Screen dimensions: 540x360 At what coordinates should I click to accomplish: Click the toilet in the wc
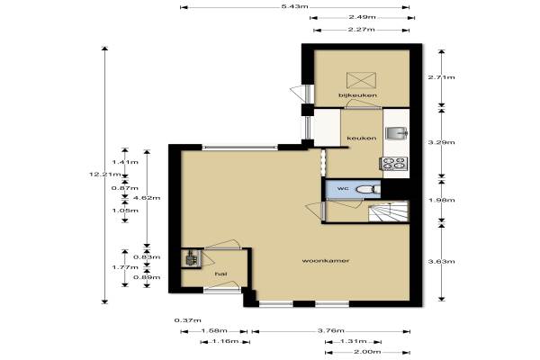point(368,189)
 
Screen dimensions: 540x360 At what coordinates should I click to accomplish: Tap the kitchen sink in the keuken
point(397,133)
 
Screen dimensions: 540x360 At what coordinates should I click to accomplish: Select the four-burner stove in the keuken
point(394,163)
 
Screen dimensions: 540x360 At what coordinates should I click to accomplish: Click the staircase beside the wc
point(388,212)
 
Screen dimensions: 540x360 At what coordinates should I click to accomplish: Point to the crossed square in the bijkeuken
point(361,81)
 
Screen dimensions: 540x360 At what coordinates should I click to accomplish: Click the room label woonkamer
point(326,261)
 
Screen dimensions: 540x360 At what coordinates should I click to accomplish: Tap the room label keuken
point(361,138)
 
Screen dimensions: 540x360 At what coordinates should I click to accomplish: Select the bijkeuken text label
point(357,95)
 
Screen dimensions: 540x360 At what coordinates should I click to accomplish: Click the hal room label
point(220,274)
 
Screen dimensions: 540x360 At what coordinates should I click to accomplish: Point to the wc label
point(343,188)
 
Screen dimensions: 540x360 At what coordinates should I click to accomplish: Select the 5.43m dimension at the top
point(295,6)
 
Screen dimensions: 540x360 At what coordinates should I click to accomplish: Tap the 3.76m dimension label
point(331,330)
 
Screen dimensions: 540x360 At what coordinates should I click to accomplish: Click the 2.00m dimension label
point(367,352)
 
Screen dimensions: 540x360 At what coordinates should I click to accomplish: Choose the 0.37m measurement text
point(188,320)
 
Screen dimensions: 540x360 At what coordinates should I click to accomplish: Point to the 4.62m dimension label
point(147,198)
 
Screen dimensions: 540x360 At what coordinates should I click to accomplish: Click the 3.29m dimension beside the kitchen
point(442,142)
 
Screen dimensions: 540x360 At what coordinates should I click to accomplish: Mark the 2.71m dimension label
point(442,77)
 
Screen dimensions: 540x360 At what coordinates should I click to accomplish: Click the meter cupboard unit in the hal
point(191,258)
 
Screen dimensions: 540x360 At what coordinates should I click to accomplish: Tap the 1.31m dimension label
point(354,341)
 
